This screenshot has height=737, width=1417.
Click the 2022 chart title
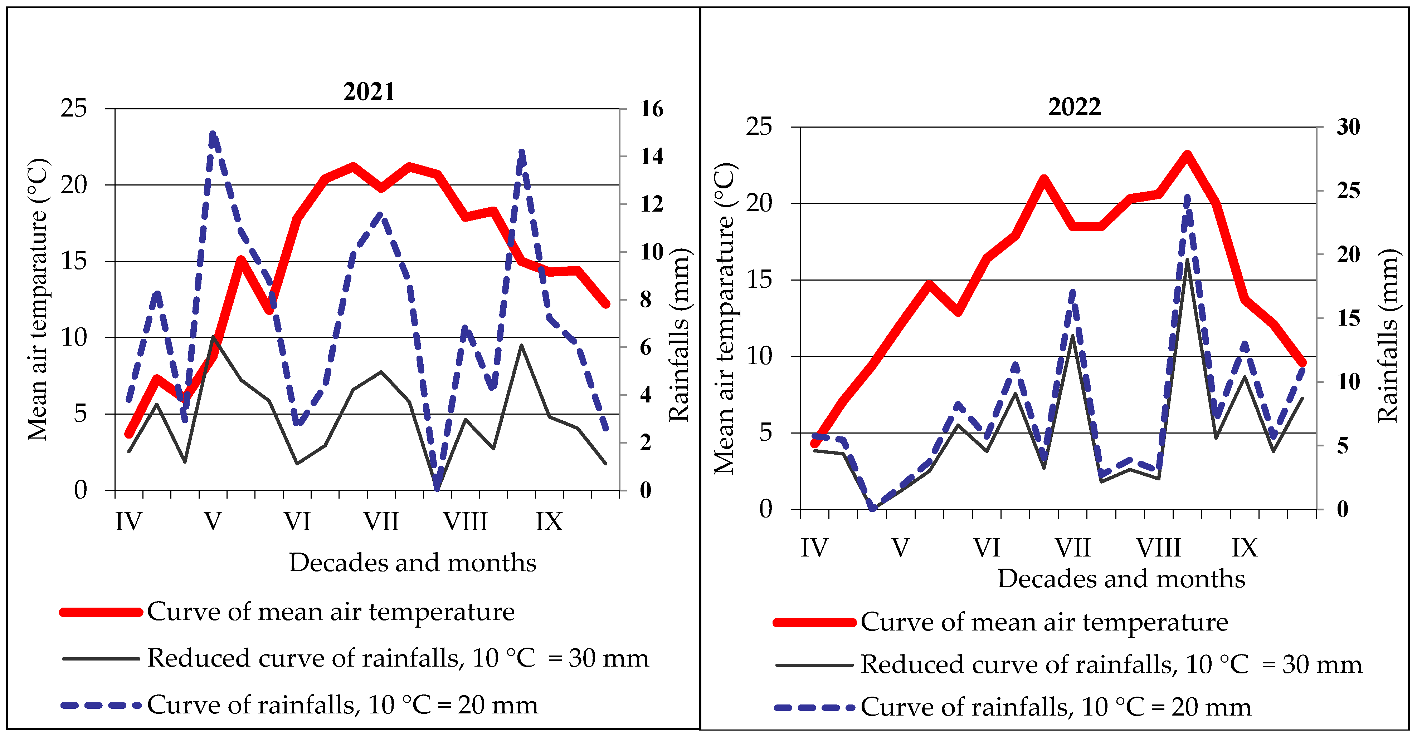point(1074,107)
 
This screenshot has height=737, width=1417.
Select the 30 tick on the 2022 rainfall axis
point(1348,127)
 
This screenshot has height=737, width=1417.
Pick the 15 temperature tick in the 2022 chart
point(759,280)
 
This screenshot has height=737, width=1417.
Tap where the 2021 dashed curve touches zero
point(437,488)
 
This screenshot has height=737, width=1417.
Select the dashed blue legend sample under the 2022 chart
point(814,707)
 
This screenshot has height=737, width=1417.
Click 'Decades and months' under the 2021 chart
point(413,563)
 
